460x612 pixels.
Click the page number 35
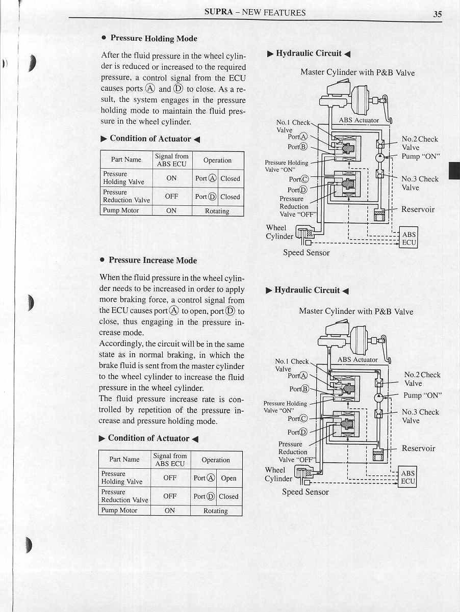pos(438,14)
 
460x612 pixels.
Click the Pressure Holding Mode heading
pos(154,38)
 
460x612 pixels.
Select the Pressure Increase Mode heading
pos(152,260)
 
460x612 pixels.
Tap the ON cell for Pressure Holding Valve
pos(171,178)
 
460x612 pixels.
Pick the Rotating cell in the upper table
pos(217,211)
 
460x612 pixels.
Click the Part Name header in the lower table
pos(124,459)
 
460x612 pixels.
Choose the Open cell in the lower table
pos(228,478)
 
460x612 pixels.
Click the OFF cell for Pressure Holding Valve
pos(170,478)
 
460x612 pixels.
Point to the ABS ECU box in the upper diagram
pos(409,238)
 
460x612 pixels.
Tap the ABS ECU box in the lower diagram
pos(407,477)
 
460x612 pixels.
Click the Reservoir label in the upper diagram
pos(418,209)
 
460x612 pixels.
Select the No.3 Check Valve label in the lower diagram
pos(420,416)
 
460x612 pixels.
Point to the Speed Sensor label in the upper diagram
pos(306,252)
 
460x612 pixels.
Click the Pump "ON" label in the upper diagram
pos(421,156)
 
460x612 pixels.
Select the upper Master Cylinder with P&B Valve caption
pos(357,72)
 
